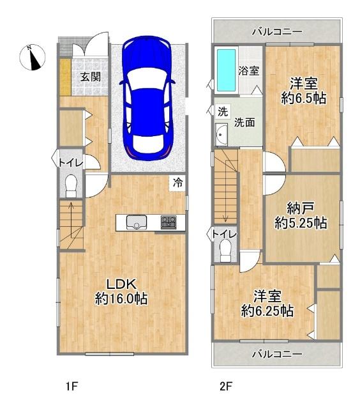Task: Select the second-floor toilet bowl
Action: (x=225, y=254)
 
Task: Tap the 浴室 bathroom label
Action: (x=248, y=71)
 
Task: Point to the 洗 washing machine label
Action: (x=221, y=111)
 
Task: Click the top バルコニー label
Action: (x=276, y=31)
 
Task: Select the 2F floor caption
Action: (x=225, y=387)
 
